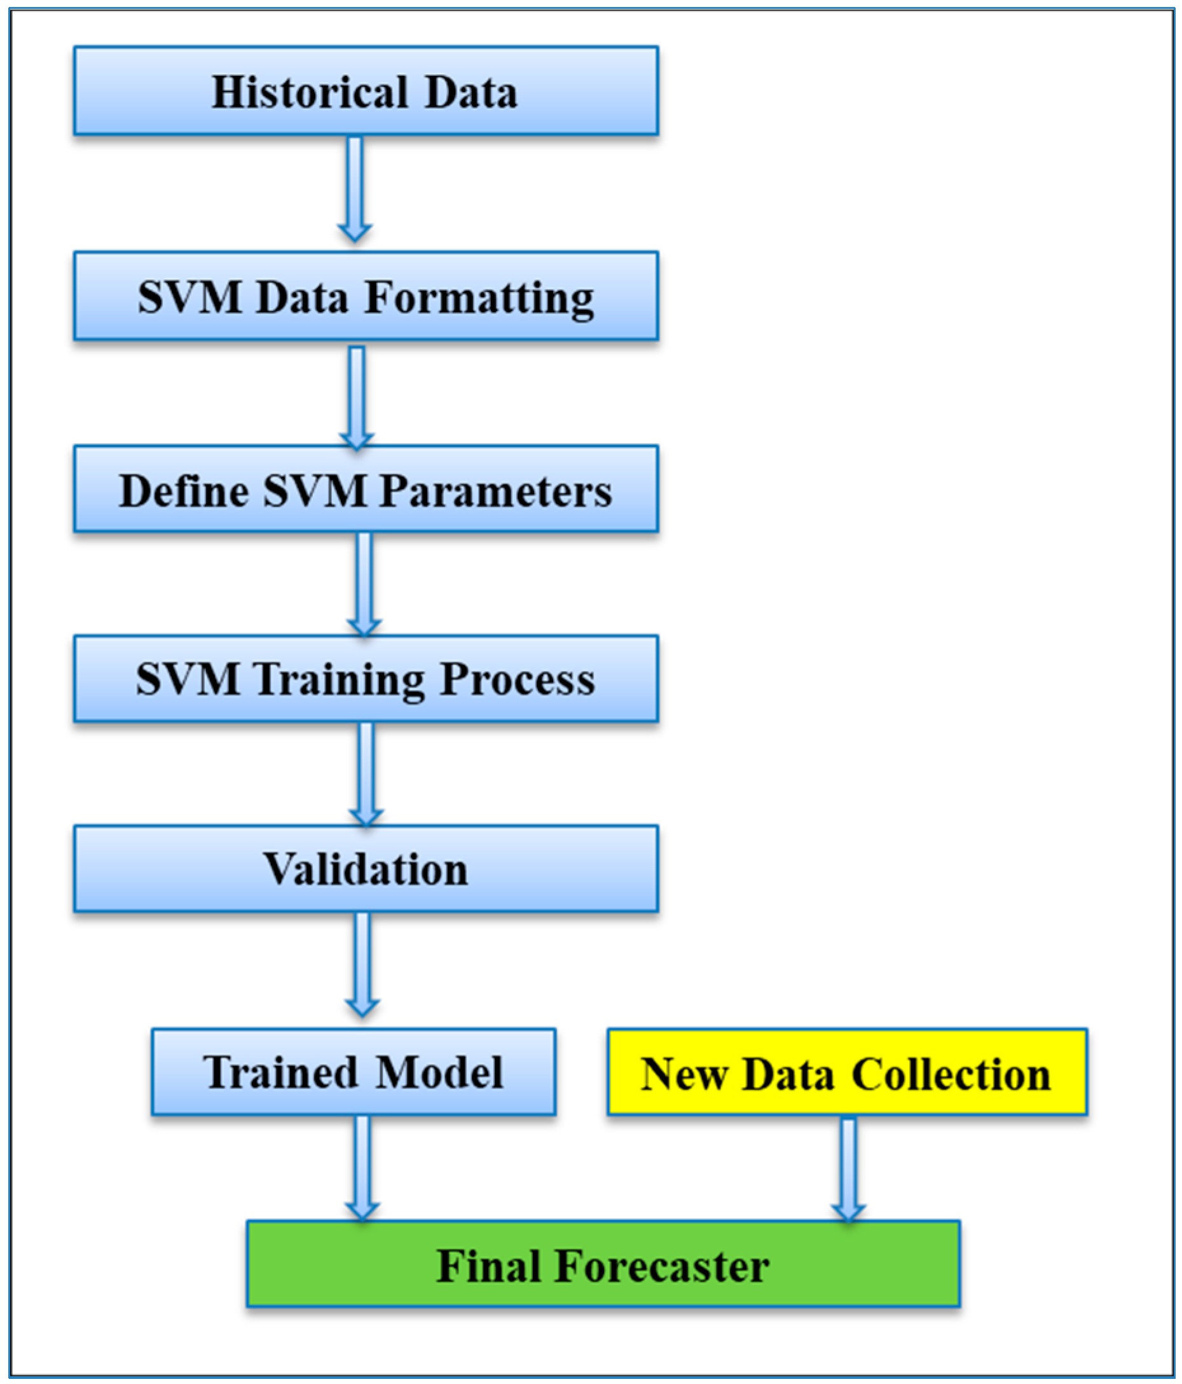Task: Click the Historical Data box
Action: point(366,91)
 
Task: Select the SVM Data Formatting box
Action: point(366,296)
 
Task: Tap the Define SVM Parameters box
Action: point(366,490)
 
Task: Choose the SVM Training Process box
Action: point(366,679)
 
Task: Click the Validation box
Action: point(366,868)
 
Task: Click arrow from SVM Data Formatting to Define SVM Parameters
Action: point(357,396)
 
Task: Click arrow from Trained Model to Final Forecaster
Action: point(362,1168)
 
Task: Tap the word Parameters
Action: point(495,491)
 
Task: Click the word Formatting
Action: point(479,297)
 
